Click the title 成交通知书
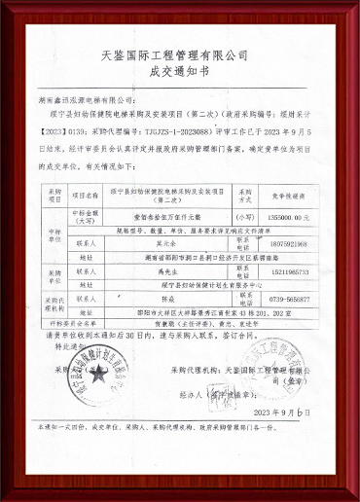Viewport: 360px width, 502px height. click(x=180, y=70)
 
